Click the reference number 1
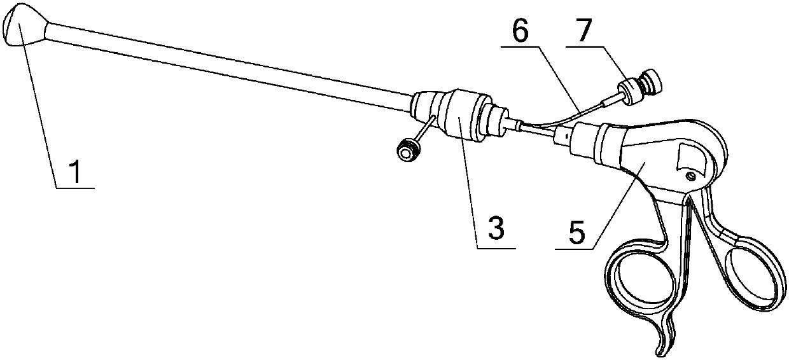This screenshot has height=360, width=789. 75,174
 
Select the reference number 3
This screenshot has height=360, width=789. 496,228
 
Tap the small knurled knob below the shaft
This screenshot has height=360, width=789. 405,151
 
